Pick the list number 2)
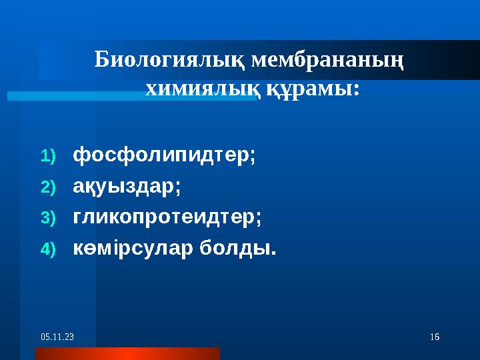(x=49, y=187)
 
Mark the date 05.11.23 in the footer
(x=57, y=339)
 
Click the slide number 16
(x=435, y=339)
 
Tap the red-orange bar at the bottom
(x=127, y=353)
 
